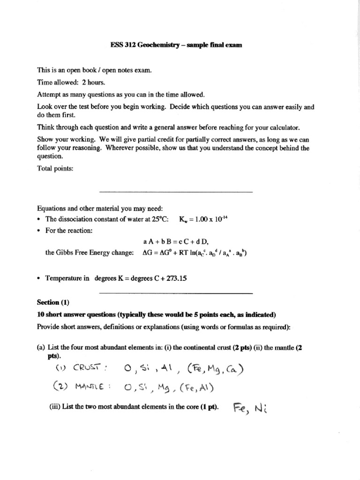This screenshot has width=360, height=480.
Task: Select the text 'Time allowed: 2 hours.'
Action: click(x=68, y=81)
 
